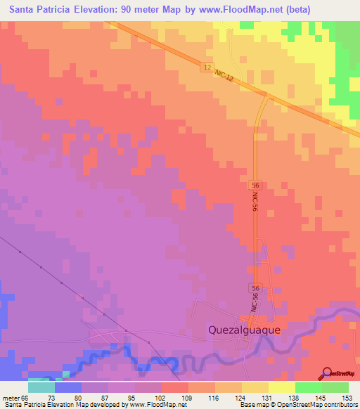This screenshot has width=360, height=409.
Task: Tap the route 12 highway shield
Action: (205, 67)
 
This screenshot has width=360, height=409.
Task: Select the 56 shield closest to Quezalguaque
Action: (255, 289)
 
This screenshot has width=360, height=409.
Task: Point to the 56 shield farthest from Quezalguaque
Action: (255, 184)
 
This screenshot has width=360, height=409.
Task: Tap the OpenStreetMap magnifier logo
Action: (328, 372)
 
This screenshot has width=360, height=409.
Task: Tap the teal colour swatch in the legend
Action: (41, 387)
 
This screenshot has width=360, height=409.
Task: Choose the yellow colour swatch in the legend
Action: (255, 387)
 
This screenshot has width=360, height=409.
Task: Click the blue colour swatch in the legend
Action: (68, 387)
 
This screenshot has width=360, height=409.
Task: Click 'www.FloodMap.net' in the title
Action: (234, 8)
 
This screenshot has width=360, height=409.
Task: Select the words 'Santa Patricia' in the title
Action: (39, 8)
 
